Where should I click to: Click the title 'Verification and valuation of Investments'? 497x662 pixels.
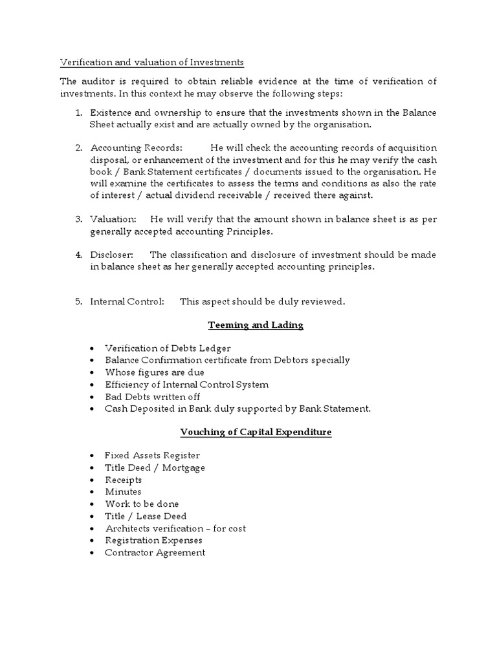click(x=152, y=62)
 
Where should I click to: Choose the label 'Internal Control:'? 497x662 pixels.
click(x=127, y=301)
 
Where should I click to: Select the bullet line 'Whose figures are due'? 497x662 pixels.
click(x=155, y=372)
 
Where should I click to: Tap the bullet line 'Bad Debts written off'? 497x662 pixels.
click(x=152, y=396)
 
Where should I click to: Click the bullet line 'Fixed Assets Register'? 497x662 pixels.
click(x=152, y=456)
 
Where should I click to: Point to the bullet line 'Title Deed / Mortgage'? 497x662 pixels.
click(x=155, y=468)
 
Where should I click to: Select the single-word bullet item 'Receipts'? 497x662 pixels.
click(x=123, y=480)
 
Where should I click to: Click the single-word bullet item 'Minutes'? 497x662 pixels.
click(x=122, y=492)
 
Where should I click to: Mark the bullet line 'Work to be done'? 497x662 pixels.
click(x=142, y=504)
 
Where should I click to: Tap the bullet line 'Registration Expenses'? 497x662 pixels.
click(x=153, y=540)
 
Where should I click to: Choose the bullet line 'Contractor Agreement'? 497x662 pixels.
click(x=155, y=552)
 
